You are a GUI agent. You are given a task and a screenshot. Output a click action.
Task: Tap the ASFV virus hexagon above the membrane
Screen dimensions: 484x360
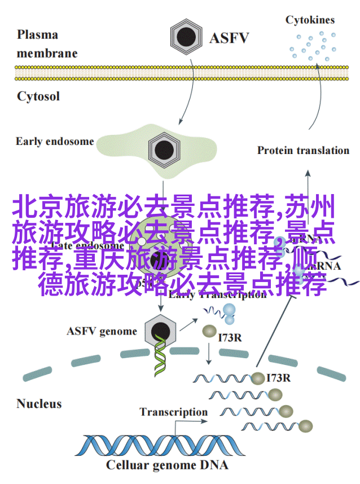(186, 38)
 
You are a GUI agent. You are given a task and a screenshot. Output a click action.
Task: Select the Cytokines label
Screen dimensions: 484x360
(310, 20)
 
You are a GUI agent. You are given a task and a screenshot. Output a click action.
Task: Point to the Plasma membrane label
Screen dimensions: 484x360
(45, 44)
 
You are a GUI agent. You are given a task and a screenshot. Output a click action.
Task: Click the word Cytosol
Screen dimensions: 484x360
(38, 96)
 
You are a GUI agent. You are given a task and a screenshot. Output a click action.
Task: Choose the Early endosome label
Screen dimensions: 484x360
(55, 141)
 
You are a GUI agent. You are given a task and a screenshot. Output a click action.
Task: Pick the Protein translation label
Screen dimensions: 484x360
(303, 150)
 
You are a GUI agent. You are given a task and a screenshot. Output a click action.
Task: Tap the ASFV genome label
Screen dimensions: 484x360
(102, 331)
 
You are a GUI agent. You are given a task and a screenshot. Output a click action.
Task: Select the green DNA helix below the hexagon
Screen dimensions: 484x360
(161, 359)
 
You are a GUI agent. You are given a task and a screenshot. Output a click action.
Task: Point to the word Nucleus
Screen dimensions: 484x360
(39, 403)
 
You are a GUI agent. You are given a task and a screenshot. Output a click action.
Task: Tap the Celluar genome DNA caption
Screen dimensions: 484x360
(167, 465)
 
